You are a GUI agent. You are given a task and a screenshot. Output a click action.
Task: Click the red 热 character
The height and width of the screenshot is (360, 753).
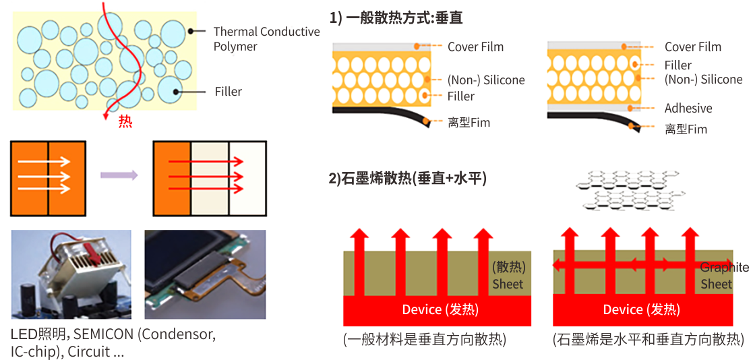(125, 122)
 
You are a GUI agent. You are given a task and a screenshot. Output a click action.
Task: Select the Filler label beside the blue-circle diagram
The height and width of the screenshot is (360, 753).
(229, 92)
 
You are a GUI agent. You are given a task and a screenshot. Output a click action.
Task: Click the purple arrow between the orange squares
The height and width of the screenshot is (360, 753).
(119, 175)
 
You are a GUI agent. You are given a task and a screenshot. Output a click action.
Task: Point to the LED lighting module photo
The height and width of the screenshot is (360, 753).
(71, 274)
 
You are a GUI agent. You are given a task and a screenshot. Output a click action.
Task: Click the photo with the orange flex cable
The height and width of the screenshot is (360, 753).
(205, 274)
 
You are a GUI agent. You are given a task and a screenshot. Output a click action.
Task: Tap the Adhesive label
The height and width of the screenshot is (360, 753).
(688, 109)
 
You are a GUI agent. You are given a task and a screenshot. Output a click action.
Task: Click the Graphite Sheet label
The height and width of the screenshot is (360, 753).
(723, 276)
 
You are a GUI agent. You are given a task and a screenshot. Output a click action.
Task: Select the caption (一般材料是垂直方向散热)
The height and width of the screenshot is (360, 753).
(424, 340)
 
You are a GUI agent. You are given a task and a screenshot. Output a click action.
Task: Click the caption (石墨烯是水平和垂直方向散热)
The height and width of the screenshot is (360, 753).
(648, 340)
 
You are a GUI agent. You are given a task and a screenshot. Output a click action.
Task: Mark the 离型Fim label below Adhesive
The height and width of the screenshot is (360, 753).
(686, 129)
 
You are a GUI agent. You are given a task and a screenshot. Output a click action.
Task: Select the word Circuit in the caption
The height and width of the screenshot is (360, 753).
(88, 352)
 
